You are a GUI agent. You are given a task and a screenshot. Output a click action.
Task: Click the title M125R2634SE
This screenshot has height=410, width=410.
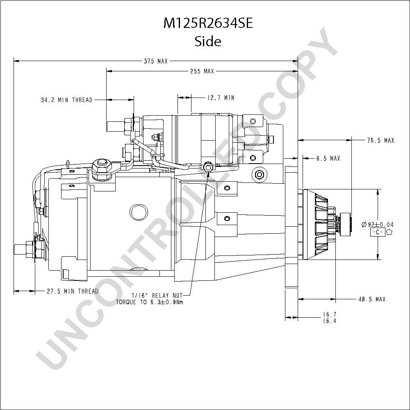coord(208,23)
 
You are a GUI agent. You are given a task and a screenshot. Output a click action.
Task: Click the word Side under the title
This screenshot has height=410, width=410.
coord(208,41)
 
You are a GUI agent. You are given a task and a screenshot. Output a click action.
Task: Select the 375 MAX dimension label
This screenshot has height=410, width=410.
coord(156,61)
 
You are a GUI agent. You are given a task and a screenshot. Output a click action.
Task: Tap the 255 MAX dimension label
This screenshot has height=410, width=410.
coord(202,71)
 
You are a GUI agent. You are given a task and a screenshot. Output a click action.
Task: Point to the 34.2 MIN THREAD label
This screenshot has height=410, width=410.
coord(67,100)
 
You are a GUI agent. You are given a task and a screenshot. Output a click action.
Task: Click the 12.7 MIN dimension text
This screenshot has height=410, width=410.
coord(221,98)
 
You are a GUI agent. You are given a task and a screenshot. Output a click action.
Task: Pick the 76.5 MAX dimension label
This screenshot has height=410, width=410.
coord(380,140)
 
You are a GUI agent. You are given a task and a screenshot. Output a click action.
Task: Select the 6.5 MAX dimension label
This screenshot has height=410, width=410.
coord(328,158)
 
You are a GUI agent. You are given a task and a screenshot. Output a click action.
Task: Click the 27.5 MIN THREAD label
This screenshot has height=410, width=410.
coord(73,291)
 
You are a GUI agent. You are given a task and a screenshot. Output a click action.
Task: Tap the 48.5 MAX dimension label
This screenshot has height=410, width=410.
coord(372,299)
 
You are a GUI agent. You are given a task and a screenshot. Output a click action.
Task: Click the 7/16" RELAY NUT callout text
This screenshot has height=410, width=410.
coord(157,296)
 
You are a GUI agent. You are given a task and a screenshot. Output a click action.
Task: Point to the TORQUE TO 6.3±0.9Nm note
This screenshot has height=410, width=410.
coord(150,302)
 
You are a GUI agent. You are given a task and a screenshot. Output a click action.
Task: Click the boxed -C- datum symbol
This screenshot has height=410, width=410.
coord(378,232)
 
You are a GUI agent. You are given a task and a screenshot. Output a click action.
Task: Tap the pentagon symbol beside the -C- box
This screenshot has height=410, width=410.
coord(389,232)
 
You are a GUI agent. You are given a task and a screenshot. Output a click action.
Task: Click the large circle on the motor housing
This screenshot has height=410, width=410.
coord(139,212)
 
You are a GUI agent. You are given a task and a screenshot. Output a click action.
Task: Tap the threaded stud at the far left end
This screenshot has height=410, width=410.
coord(20,249)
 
